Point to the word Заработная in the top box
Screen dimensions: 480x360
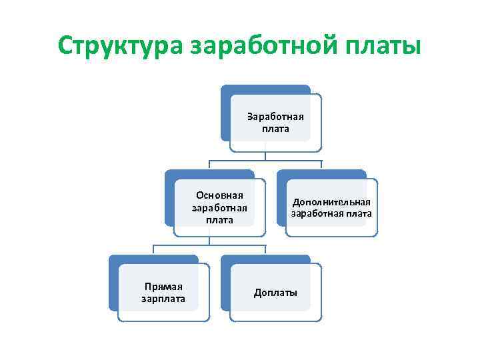point(275,117)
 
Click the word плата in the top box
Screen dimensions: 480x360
point(275,129)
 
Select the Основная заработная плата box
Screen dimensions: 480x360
point(219,207)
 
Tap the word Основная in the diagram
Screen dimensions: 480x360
point(219,195)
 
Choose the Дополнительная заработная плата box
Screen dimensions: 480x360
point(331,207)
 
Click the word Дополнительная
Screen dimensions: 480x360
point(331,202)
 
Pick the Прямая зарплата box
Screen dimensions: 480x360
point(163,293)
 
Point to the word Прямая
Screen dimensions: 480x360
point(163,287)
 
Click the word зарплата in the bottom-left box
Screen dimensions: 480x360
point(163,299)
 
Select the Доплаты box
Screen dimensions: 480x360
point(275,293)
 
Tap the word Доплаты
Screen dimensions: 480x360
point(275,293)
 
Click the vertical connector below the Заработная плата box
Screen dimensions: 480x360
point(266,156)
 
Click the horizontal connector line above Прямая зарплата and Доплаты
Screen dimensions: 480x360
point(210,246)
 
